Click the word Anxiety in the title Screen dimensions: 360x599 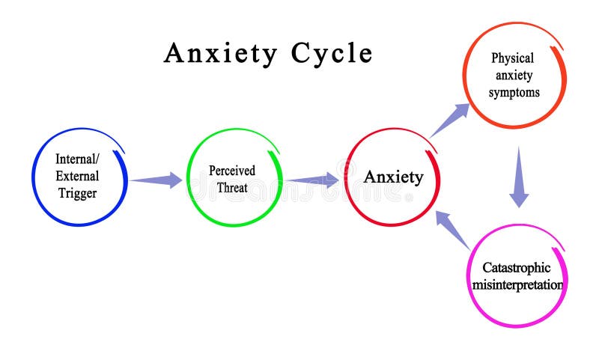(x=222, y=53)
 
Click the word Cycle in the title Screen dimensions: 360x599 (x=331, y=53)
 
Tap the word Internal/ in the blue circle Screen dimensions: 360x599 (x=76, y=159)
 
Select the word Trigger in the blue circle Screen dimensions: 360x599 (x=76, y=193)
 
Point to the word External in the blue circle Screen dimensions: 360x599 (x=76, y=176)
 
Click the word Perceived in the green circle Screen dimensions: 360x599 (x=231, y=171)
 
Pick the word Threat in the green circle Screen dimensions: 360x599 (x=231, y=188)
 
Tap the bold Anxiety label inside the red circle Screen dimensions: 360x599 (x=393, y=177)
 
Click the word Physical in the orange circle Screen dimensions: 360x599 (x=514, y=58)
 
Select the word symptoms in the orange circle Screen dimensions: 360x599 (x=514, y=93)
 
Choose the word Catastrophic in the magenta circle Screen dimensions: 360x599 (x=516, y=267)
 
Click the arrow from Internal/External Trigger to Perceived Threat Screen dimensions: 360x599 (x=156, y=180)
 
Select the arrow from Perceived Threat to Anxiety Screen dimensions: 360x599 (x=312, y=180)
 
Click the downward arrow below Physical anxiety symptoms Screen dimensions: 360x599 (x=519, y=178)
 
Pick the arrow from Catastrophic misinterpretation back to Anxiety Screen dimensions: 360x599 (x=452, y=229)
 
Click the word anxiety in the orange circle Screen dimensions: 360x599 (x=514, y=76)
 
